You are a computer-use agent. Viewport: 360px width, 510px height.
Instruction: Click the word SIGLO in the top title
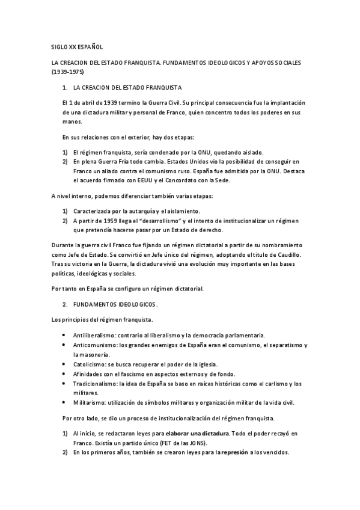pos(59,47)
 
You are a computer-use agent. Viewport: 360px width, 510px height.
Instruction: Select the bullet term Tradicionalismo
pos(96,383)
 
